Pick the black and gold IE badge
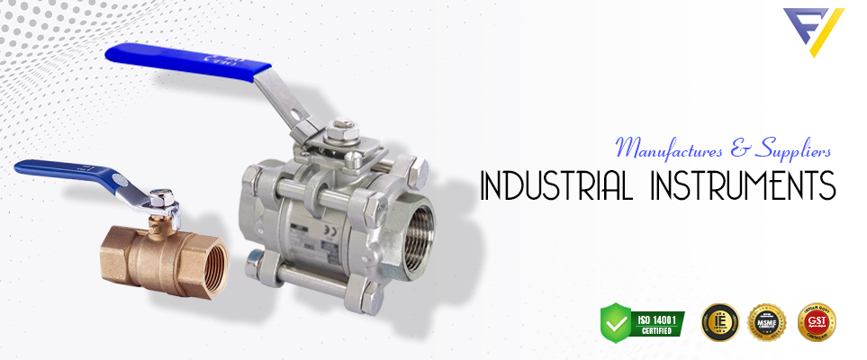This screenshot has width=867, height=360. click(x=719, y=321)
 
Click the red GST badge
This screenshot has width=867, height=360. click(x=817, y=321)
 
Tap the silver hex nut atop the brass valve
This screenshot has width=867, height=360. click(x=162, y=197)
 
